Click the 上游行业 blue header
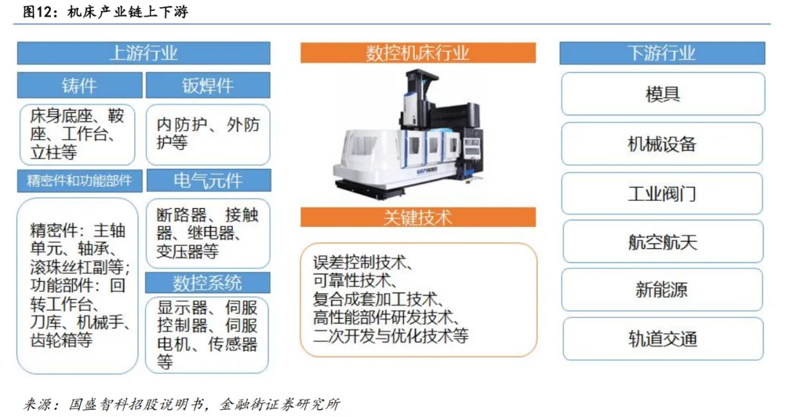click(x=143, y=53)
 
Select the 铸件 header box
click(x=80, y=85)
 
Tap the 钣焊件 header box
click(x=207, y=85)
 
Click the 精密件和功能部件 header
click(x=80, y=180)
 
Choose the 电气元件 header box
click(x=208, y=180)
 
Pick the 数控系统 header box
click(x=207, y=283)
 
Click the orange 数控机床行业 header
click(x=418, y=53)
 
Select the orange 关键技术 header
click(x=418, y=218)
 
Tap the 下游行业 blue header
click(x=662, y=53)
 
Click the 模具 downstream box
click(x=663, y=94)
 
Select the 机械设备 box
click(x=662, y=144)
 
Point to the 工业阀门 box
click(x=662, y=193)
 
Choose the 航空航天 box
click(x=663, y=242)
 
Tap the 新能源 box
click(x=662, y=290)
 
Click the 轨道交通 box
click(x=663, y=339)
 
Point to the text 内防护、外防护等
click(x=208, y=133)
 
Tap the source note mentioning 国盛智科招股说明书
click(x=182, y=404)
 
